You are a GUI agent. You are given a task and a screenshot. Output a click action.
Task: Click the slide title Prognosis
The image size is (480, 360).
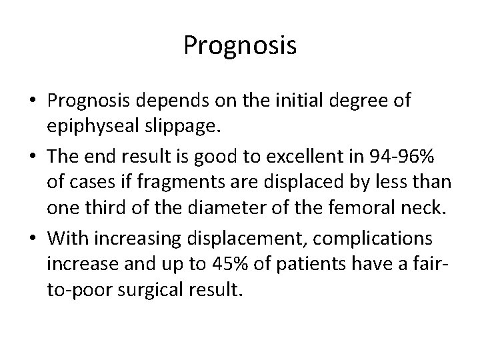[240, 46]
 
